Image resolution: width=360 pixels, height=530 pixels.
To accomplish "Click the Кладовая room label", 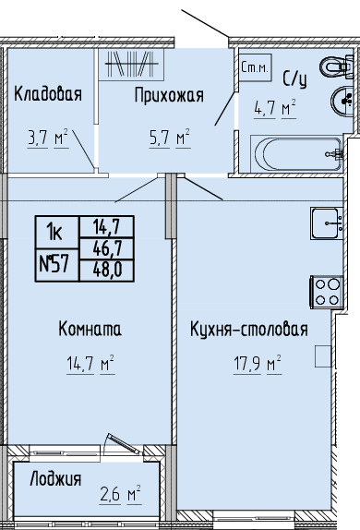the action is click(x=48, y=94).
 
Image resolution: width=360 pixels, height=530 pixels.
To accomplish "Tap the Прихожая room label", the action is click(x=169, y=95).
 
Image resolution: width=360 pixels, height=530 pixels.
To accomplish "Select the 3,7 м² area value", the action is click(x=48, y=139).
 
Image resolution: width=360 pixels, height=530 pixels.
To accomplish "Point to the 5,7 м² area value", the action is click(x=170, y=138).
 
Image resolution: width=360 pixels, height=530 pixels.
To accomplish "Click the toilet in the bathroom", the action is click(x=337, y=66).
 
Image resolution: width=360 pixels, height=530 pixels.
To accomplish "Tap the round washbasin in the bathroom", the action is click(x=342, y=100).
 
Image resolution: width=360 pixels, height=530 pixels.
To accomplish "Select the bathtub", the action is click(x=297, y=154).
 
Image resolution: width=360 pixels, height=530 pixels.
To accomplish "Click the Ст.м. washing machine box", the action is click(x=256, y=67).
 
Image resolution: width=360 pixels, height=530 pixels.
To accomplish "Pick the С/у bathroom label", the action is click(x=295, y=79).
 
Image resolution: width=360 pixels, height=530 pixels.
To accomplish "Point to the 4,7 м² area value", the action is click(x=275, y=108).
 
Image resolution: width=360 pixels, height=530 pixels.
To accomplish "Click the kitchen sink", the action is click(x=327, y=223).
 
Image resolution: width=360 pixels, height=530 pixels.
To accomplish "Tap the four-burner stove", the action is click(x=327, y=292).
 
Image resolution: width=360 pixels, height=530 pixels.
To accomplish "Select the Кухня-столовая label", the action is click(x=249, y=329).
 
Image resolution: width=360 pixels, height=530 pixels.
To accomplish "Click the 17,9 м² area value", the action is click(x=258, y=364).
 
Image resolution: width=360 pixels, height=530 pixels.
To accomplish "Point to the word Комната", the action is click(x=90, y=329).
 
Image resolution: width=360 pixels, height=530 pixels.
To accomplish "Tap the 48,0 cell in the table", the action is click(x=107, y=271).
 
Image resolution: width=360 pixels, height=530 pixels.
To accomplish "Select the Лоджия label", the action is click(x=55, y=479).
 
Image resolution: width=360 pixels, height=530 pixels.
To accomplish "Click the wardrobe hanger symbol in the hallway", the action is click(x=131, y=65).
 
